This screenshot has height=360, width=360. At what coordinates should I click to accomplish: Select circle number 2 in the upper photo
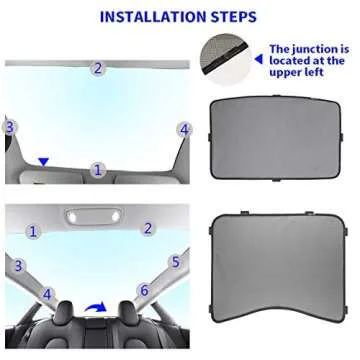(97, 69)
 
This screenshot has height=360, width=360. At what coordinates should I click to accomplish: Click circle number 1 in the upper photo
(97, 170)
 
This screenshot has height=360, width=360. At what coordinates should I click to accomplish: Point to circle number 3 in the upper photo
(10, 127)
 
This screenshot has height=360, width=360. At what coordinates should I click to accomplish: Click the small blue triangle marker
(42, 160)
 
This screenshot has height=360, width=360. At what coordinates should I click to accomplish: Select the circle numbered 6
(144, 291)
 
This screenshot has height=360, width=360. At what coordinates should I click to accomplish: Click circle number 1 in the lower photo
(32, 231)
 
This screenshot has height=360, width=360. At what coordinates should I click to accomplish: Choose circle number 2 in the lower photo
(148, 228)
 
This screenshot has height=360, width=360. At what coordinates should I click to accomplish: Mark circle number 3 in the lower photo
(18, 266)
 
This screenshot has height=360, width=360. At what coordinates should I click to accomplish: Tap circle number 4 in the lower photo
(46, 295)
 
